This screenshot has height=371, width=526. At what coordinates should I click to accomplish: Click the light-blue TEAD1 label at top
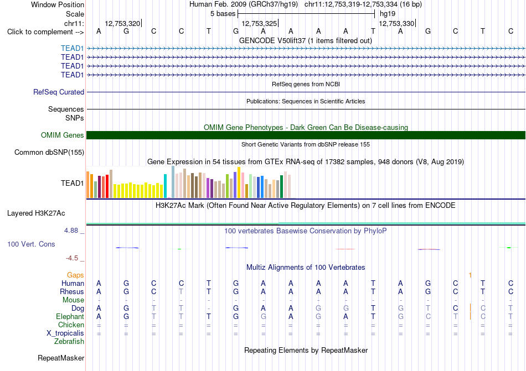point(72,48)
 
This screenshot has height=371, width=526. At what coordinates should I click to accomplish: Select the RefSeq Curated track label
point(59,92)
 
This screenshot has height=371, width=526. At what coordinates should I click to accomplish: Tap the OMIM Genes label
point(63,135)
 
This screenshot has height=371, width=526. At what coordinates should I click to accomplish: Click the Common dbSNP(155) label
point(49,153)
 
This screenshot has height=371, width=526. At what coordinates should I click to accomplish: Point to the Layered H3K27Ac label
point(36,213)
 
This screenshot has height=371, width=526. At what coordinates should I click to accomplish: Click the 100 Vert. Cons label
point(31,244)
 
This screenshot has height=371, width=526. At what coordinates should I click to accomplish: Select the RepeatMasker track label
point(61,358)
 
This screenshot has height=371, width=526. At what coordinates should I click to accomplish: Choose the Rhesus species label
point(72,291)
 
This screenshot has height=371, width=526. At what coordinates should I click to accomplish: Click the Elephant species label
point(70,317)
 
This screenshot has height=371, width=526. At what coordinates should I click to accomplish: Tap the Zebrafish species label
point(69,342)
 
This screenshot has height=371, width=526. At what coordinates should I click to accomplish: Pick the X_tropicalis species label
point(65,333)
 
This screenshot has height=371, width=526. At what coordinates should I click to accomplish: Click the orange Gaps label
point(75,275)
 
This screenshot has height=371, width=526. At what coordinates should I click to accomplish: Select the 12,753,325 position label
point(259,23)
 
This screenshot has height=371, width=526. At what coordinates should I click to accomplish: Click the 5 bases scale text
point(223,14)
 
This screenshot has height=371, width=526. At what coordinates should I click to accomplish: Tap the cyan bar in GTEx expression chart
point(165,186)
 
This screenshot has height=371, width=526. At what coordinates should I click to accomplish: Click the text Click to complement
point(40,32)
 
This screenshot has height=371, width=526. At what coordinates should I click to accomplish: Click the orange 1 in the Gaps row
point(470,275)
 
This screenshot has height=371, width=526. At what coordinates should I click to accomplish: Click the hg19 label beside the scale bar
point(388,14)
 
